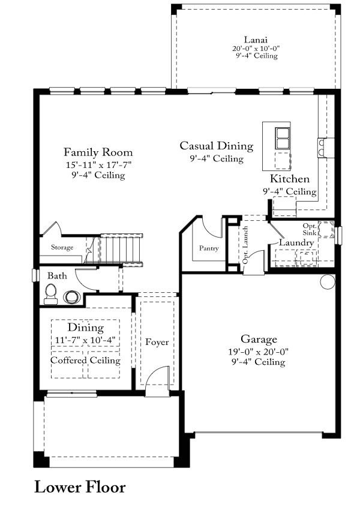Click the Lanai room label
click(x=256, y=40)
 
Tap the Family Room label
click(x=98, y=152)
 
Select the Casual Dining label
click(x=217, y=146)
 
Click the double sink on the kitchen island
click(x=283, y=138)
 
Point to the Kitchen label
click(x=289, y=178)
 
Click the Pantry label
click(x=209, y=248)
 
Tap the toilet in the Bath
click(x=51, y=294)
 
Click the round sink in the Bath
click(x=72, y=297)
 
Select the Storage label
click(x=62, y=247)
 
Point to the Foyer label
click(x=157, y=342)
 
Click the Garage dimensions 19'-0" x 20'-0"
click(x=259, y=352)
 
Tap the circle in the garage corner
click(x=328, y=281)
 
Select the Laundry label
click(x=296, y=242)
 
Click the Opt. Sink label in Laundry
click(x=309, y=229)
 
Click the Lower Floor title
click(x=80, y=487)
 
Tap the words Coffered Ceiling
click(x=85, y=360)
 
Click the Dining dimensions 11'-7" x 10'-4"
click(x=85, y=340)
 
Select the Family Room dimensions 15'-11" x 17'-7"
click(x=98, y=165)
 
